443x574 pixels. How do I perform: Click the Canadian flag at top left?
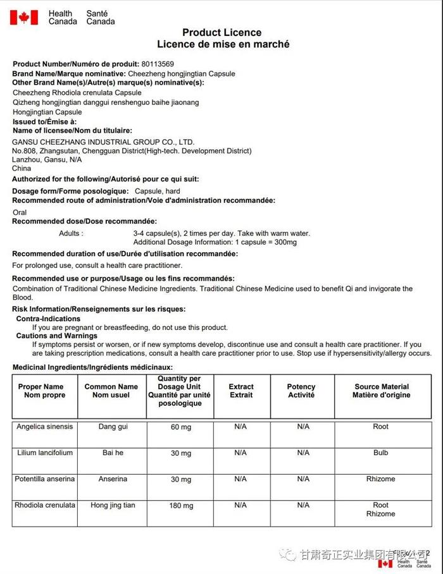pos(23,17)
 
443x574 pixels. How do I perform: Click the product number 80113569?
pos(158,64)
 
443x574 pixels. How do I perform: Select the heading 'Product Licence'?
pos(221,33)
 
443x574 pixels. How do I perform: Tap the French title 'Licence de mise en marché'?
pos(223,45)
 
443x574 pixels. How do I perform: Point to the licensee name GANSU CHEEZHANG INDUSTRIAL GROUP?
pos(103,142)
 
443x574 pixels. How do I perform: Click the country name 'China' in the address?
pos(22,169)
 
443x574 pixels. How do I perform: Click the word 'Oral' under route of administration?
pos(20,212)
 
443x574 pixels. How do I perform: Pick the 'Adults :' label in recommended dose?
pos(70,233)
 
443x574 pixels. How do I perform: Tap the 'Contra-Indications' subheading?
pos(48,319)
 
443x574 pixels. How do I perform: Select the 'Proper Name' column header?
pos(41,391)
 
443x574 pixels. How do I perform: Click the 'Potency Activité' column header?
pos(301,391)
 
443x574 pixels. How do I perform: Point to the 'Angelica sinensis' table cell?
pos(44,427)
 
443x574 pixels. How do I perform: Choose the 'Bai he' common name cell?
pos(113,453)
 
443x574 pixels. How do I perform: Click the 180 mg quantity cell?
pos(181,506)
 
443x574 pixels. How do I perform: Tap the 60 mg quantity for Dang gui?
pos(181,427)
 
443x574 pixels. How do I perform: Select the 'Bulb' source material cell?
pos(380,453)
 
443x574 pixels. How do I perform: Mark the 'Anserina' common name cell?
pos(113,479)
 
